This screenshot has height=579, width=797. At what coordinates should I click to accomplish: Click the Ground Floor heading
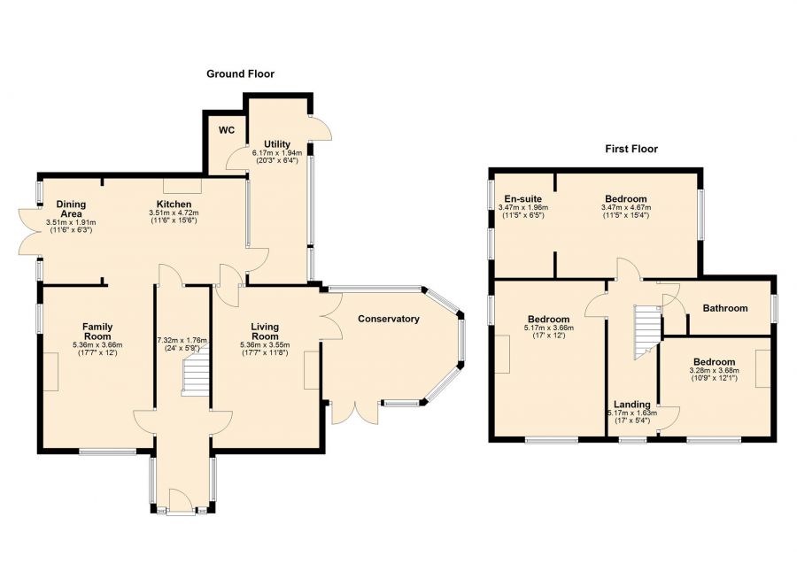click(240, 74)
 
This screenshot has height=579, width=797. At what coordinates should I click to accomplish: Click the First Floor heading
click(631, 149)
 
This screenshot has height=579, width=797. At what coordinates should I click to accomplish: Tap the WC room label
click(227, 130)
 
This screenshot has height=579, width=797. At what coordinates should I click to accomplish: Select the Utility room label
click(277, 144)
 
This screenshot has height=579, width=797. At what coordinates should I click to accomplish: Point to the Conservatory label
click(389, 319)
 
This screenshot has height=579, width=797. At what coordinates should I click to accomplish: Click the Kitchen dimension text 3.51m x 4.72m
click(174, 213)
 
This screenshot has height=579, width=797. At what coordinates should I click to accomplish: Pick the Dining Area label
click(71, 209)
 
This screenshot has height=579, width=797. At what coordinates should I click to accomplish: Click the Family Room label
click(97, 331)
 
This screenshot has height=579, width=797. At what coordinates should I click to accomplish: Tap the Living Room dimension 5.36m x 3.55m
click(265, 345)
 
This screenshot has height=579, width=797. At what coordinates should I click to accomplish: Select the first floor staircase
click(646, 332)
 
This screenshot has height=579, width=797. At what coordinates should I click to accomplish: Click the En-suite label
click(523, 199)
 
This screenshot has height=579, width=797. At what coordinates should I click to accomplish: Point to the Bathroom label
click(725, 308)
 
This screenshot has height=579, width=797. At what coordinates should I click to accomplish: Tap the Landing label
click(631, 405)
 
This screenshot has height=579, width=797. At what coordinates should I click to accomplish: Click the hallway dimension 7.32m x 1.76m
click(182, 340)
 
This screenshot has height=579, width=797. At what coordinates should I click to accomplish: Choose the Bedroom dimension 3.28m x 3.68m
click(714, 371)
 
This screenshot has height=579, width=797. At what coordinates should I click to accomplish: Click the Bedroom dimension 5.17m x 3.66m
click(548, 328)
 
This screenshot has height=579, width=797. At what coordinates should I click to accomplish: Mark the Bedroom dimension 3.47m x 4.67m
click(626, 208)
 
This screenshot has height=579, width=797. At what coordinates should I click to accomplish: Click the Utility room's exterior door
click(321, 128)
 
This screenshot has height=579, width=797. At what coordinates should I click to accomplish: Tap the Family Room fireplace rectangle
click(50, 372)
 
